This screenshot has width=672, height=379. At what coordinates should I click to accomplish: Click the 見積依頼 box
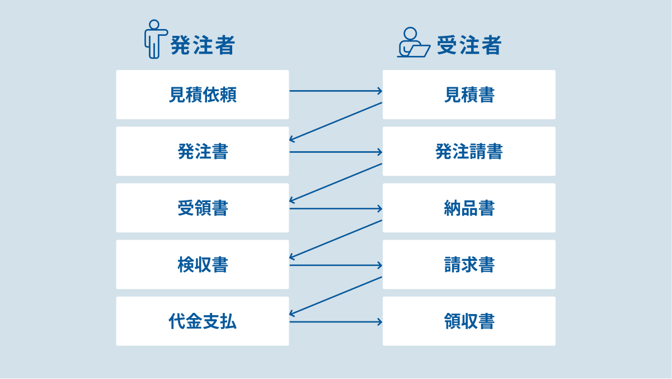203,95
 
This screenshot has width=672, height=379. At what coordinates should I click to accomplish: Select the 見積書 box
469,95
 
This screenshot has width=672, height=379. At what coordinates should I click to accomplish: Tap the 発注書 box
203,151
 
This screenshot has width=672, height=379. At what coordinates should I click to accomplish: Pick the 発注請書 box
469,151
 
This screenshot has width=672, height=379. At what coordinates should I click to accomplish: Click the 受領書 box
203,208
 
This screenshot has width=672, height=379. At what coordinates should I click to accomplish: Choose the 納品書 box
469,208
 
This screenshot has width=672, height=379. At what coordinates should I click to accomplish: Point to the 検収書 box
203,265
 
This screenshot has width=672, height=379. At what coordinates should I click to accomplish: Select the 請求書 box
469,265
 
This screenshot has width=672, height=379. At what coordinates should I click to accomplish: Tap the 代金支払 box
203,321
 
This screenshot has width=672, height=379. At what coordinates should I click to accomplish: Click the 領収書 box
469,321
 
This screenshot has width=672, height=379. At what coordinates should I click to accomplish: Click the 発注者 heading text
202,45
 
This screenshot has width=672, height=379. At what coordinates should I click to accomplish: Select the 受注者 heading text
469,45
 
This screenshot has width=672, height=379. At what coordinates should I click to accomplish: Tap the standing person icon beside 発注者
154,39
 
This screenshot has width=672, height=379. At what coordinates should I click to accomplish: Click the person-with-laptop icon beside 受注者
413,43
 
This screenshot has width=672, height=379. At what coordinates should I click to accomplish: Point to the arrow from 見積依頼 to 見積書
336,91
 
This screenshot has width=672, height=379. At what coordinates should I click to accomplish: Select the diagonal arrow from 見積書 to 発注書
336,121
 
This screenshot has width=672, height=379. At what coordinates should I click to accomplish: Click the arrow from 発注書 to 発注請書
336,152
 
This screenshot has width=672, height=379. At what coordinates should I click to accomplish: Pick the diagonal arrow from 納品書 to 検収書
336,239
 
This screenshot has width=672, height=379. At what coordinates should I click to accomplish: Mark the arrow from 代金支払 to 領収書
336,322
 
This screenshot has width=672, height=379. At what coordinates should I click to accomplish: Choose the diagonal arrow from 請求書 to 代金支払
336,296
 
